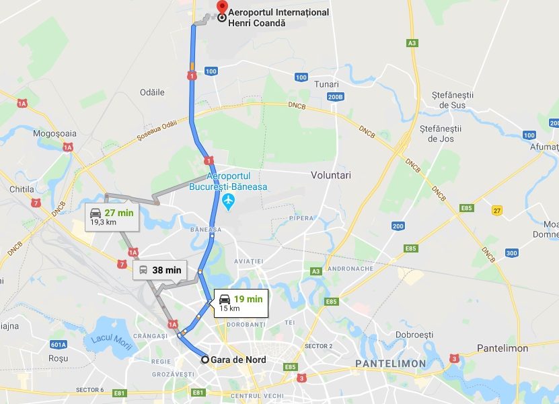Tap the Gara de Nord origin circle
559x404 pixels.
(x=206, y=360)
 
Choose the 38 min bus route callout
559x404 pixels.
(x=159, y=271)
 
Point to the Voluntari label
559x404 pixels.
(x=331, y=175)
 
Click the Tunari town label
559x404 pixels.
(x=326, y=84)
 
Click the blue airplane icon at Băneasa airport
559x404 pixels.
(x=229, y=201)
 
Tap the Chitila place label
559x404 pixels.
(x=22, y=190)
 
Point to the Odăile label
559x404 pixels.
(x=151, y=92)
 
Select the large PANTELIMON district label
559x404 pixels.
(x=390, y=364)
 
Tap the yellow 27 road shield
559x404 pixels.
(x=497, y=211)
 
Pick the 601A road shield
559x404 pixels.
(x=59, y=345)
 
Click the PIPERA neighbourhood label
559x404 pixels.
(x=301, y=218)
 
